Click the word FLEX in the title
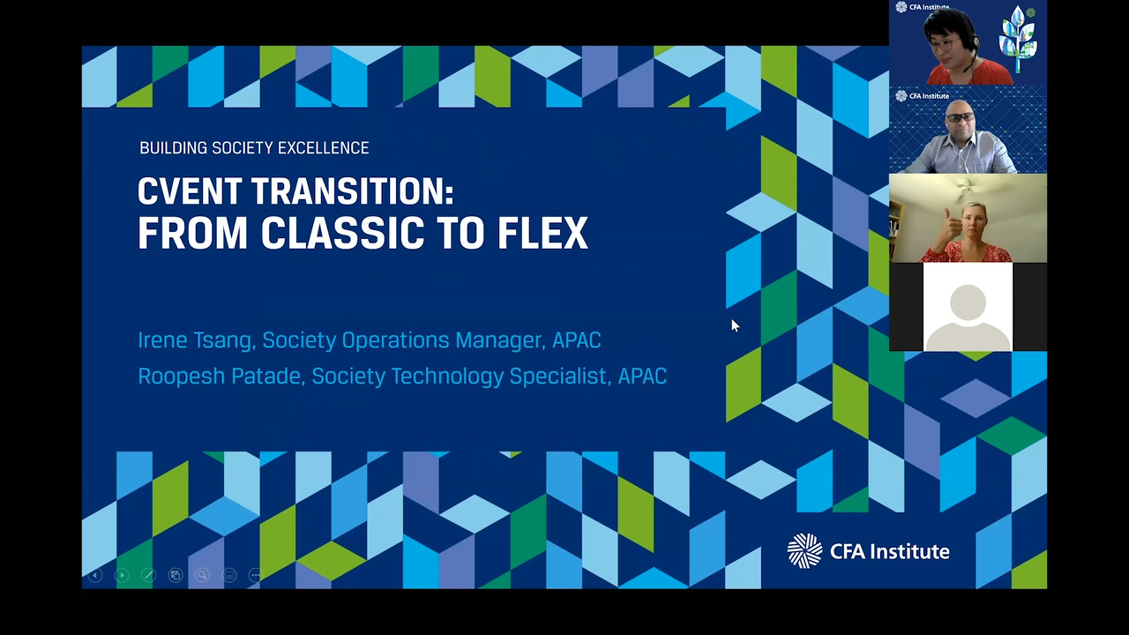pos(542,233)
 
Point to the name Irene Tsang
pos(195,340)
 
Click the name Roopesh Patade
pos(220,377)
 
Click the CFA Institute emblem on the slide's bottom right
pos(804,551)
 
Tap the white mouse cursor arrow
pos(736,325)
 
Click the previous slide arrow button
pos(95,575)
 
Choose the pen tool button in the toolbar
pos(149,575)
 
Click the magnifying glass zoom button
pos(202,575)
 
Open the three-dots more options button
pos(256,575)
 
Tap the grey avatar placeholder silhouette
pos(968,317)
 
